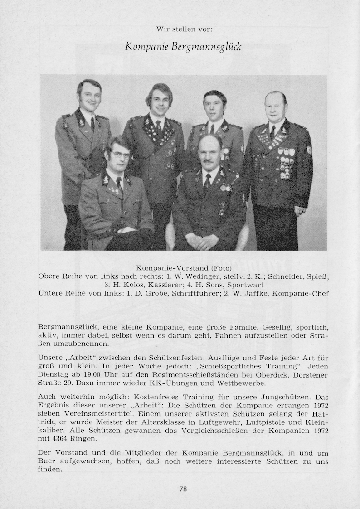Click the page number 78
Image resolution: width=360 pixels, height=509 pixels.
pyautogui.click(x=183, y=489)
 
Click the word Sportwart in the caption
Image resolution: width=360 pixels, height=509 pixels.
pyautogui.click(x=245, y=285)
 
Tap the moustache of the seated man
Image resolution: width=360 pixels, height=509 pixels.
pyautogui.click(x=208, y=160)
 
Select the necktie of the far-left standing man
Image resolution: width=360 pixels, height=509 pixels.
pyautogui.click(x=92, y=123)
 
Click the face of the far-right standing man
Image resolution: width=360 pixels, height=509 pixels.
pyautogui.click(x=275, y=108)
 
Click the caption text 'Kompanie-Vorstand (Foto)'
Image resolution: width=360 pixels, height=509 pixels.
pyautogui.click(x=184, y=268)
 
